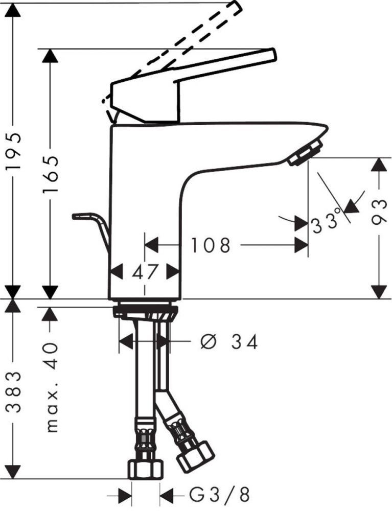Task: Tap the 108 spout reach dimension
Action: point(211,246)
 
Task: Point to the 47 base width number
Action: point(145,271)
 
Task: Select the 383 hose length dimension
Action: point(14,392)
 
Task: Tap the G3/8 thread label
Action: point(220,494)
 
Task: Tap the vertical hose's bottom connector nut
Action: point(145,469)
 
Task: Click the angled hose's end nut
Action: point(196,454)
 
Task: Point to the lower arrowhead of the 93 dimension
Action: point(379,291)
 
